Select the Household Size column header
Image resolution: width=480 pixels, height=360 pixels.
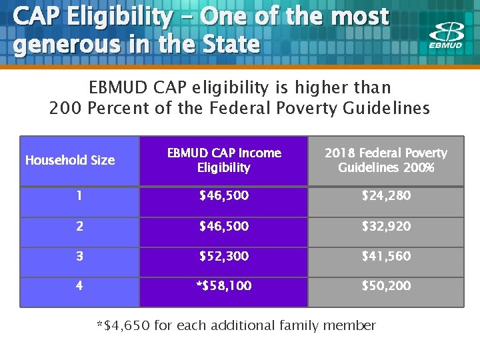(x=70, y=160)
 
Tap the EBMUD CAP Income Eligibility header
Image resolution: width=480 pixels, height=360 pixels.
(x=224, y=160)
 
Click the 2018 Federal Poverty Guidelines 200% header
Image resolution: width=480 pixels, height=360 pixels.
(x=386, y=160)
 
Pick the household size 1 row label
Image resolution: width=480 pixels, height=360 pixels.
(x=79, y=195)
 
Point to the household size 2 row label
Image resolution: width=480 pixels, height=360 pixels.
(x=79, y=226)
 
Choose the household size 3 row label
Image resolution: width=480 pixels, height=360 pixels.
(x=79, y=256)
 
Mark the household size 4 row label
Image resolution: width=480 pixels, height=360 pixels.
(x=79, y=286)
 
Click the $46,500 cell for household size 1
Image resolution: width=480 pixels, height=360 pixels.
(x=224, y=195)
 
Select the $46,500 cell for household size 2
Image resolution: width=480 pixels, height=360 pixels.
(x=224, y=226)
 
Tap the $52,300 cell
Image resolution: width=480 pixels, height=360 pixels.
(x=224, y=256)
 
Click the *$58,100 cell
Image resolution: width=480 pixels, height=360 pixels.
(x=224, y=286)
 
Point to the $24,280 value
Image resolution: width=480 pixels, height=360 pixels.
(x=386, y=195)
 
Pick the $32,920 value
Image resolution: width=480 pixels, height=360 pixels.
(x=386, y=226)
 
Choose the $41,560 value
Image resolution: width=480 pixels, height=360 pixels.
(x=386, y=256)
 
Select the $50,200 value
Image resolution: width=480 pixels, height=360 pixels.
(x=386, y=286)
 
